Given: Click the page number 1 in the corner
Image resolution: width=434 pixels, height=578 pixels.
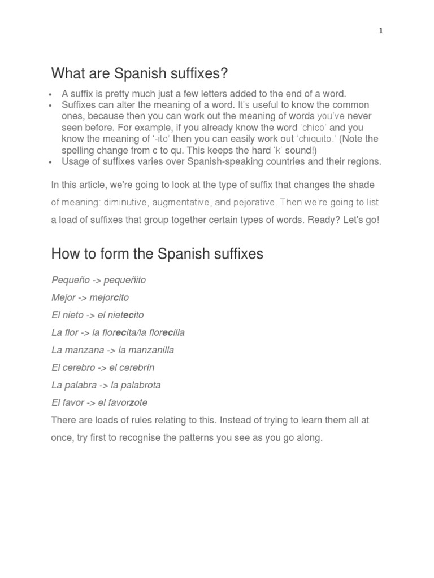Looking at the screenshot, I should click(x=381, y=31).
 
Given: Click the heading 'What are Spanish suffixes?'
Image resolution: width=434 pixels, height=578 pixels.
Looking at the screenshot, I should click(x=140, y=73).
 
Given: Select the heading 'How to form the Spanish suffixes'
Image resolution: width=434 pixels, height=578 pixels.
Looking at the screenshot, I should click(x=157, y=253).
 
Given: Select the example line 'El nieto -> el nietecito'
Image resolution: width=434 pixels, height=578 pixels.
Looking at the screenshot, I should click(x=97, y=315).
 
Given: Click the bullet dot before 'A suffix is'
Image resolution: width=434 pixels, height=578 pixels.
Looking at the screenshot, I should click(x=50, y=94).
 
